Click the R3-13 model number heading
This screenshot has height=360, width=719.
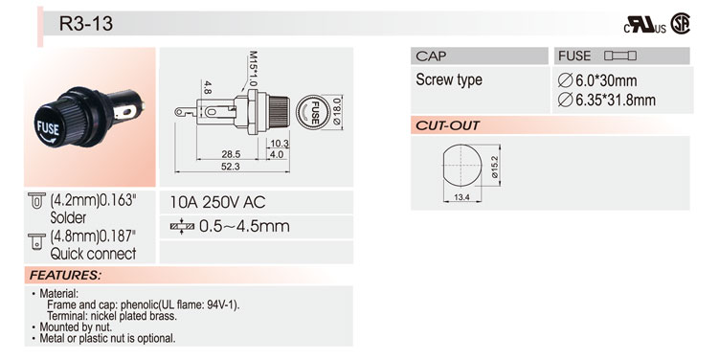point(86,23)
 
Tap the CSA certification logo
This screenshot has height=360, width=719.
point(680,23)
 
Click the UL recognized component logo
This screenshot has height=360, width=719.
point(644,25)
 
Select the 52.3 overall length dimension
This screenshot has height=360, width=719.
point(230,167)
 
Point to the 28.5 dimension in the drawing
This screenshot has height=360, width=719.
point(231,154)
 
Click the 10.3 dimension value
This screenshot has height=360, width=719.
point(280,144)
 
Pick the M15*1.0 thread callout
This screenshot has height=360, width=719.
point(253,69)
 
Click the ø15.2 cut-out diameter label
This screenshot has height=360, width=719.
point(494,167)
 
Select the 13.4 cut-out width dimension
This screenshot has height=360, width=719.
point(461,197)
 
